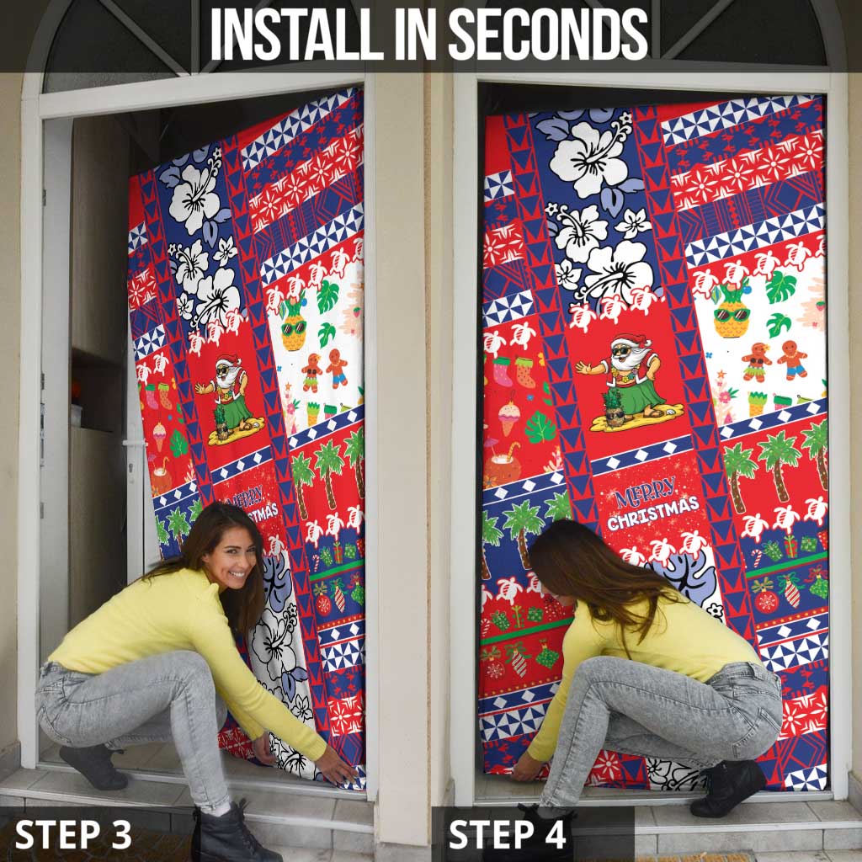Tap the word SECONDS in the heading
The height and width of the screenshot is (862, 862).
click(x=548, y=35)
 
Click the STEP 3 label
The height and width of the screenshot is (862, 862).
click(x=74, y=834)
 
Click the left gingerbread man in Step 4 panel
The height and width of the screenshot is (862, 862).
click(x=755, y=361)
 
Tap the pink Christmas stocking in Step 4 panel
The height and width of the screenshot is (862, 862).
click(x=503, y=371)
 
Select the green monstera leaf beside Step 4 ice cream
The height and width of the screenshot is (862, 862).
click(x=540, y=428)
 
